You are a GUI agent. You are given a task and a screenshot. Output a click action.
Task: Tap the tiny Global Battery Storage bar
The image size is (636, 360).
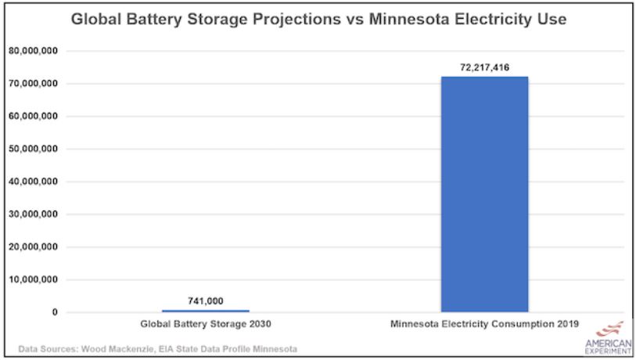point(206,311)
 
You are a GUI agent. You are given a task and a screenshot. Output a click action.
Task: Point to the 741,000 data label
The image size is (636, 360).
point(206,301)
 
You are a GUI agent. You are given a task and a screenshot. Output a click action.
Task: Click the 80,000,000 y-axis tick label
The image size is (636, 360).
point(35,51)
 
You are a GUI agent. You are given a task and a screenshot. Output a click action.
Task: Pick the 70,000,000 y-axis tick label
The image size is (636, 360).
point(35,84)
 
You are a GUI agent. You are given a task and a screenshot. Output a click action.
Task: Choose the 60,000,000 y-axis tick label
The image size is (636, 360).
point(35,117)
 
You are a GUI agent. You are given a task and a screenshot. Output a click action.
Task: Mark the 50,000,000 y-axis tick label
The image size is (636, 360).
point(35,149)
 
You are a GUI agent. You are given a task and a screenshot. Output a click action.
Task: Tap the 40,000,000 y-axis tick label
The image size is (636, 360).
point(35,182)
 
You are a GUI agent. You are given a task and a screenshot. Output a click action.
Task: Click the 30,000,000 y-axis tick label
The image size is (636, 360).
point(35,214)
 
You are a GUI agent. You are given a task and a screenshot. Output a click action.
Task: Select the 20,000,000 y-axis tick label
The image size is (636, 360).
point(35,247)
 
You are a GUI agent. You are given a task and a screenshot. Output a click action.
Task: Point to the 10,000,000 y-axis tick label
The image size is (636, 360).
point(35,279)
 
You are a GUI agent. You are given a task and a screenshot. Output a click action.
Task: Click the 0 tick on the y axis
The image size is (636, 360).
point(54,312)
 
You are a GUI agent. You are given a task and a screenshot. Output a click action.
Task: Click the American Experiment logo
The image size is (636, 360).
point(609,338)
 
